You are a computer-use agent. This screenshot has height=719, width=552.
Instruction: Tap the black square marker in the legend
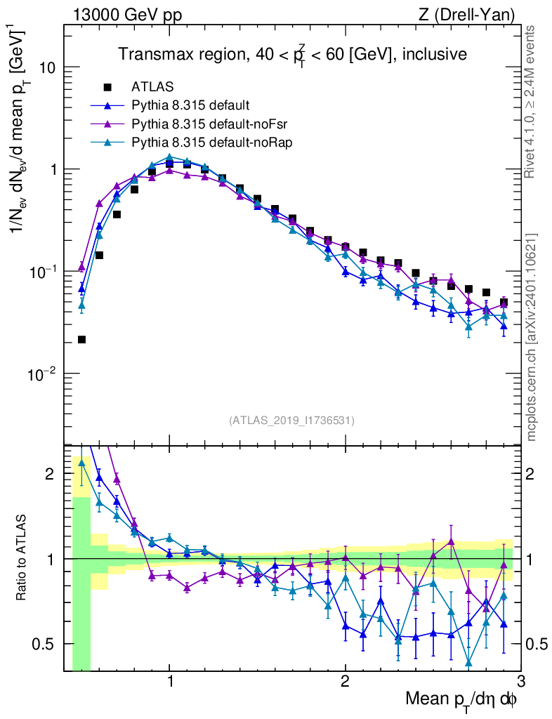[x=107, y=88]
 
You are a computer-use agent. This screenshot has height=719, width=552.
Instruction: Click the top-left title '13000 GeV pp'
[x=126, y=15]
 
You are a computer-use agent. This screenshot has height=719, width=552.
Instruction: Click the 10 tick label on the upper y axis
[x=48, y=68]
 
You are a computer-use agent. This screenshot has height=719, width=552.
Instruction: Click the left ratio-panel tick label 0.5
[x=45, y=644]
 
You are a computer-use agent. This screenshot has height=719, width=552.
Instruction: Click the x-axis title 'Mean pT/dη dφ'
[x=461, y=701]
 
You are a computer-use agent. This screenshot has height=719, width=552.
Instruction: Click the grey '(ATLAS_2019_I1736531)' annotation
[x=291, y=421]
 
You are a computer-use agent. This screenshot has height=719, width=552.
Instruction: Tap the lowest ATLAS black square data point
[x=81, y=340]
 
